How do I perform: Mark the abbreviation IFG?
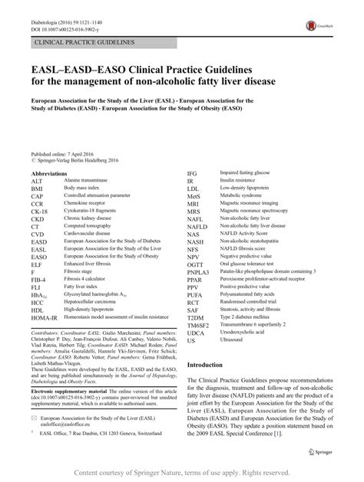pos(192,173)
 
